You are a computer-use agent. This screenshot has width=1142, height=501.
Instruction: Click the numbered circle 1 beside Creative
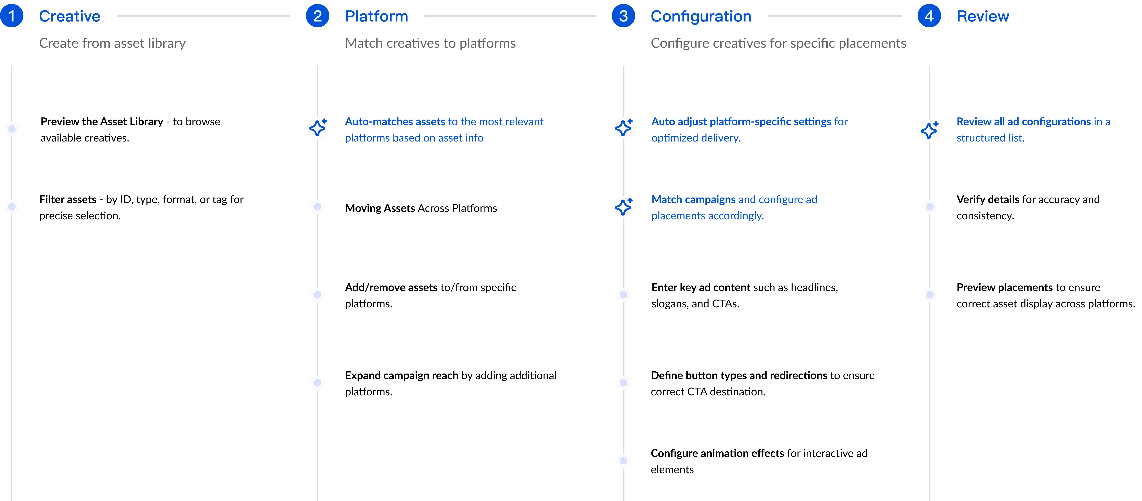12,16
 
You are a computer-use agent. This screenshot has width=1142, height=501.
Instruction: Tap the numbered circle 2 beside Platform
317,16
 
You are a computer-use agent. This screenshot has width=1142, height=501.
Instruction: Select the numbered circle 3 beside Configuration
623,16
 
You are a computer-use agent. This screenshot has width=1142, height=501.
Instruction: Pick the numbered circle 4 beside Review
929,16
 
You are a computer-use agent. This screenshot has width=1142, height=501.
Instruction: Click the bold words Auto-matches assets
395,122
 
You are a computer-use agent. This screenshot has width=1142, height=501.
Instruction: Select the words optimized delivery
696,138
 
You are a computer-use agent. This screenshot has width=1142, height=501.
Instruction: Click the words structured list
990,138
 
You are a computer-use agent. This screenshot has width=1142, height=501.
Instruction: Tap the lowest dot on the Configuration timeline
623,461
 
